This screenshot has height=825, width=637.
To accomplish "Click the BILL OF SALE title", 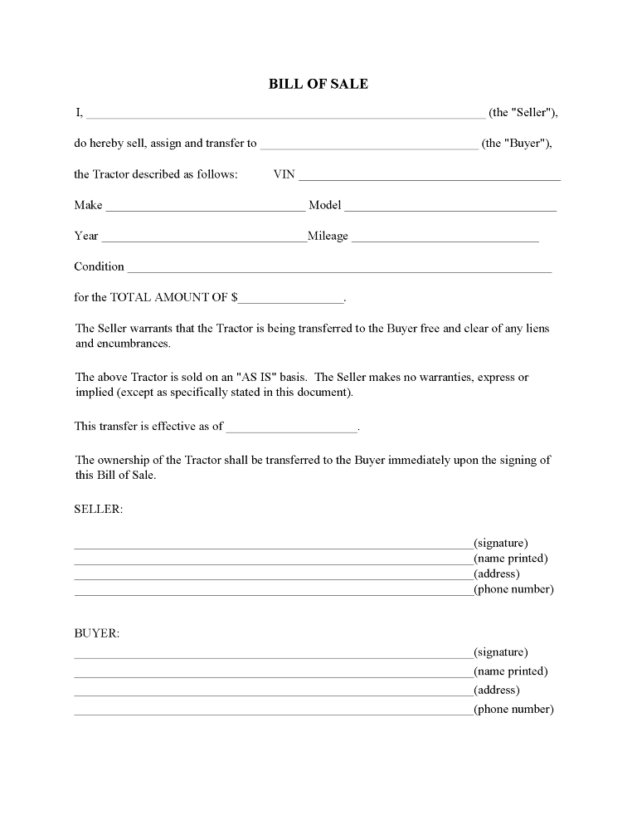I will coord(318,84).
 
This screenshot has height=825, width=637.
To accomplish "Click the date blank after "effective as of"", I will coord(291,428).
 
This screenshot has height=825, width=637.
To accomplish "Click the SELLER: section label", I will coord(99,510).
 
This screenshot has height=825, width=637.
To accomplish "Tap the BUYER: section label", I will coord(97,633).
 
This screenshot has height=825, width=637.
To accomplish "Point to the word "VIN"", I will coord(284,175).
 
